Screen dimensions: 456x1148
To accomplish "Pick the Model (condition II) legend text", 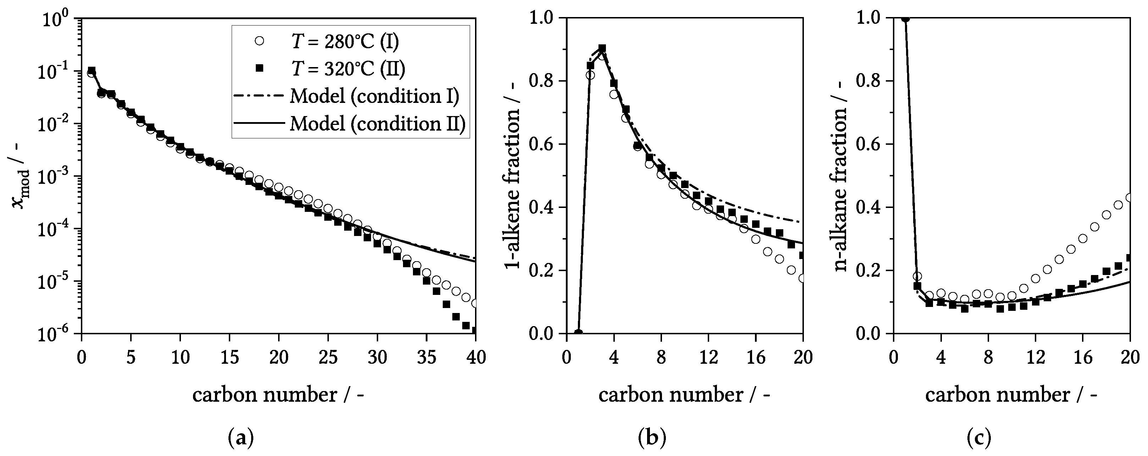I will click(x=377, y=123).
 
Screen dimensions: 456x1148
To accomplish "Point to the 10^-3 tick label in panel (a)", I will click(x=54, y=176).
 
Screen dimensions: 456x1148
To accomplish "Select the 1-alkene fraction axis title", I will click(x=513, y=176).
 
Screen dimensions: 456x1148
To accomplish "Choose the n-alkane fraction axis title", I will click(x=840, y=176).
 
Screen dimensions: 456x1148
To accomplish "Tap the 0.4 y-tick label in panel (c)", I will click(x=871, y=207).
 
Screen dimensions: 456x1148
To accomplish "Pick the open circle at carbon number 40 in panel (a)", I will click(x=475, y=303).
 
